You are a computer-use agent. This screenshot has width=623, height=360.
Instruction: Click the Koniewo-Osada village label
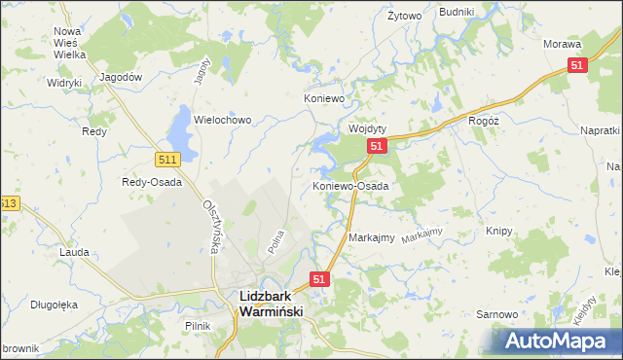pyautogui.click(x=350, y=185)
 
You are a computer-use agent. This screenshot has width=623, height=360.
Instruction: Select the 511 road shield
pyautogui.click(x=167, y=158)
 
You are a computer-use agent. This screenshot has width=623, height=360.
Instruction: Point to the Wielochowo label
pyautogui.click(x=224, y=120)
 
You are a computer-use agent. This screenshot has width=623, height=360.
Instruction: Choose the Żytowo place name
pyautogui.click(x=404, y=17)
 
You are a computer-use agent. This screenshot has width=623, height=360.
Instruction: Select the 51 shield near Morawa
pyautogui.click(x=578, y=65)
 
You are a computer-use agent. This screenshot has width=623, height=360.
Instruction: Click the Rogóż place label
pyautogui.click(x=483, y=120)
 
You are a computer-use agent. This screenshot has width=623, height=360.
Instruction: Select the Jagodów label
pyautogui.click(x=121, y=77)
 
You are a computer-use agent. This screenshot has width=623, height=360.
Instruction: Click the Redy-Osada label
pyautogui.click(x=152, y=182)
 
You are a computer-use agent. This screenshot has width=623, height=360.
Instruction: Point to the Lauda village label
pyautogui.click(x=74, y=252)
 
